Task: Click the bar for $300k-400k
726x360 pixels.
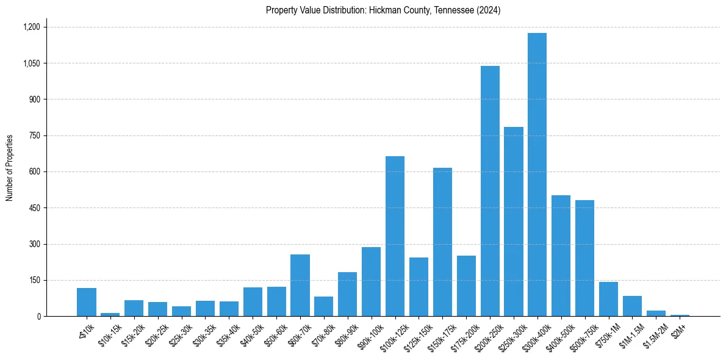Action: tap(537, 175)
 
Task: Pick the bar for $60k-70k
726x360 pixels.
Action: tap(300, 285)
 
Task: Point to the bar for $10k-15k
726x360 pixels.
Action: tap(110, 314)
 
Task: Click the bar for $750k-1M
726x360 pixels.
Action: tap(608, 299)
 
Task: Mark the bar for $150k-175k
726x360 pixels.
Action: tap(442, 242)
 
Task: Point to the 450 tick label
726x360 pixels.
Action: tap(34, 208)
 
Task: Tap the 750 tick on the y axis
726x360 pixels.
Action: tap(34, 135)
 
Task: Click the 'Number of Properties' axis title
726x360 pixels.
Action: tap(9, 168)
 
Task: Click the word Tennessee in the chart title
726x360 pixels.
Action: tap(451, 10)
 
